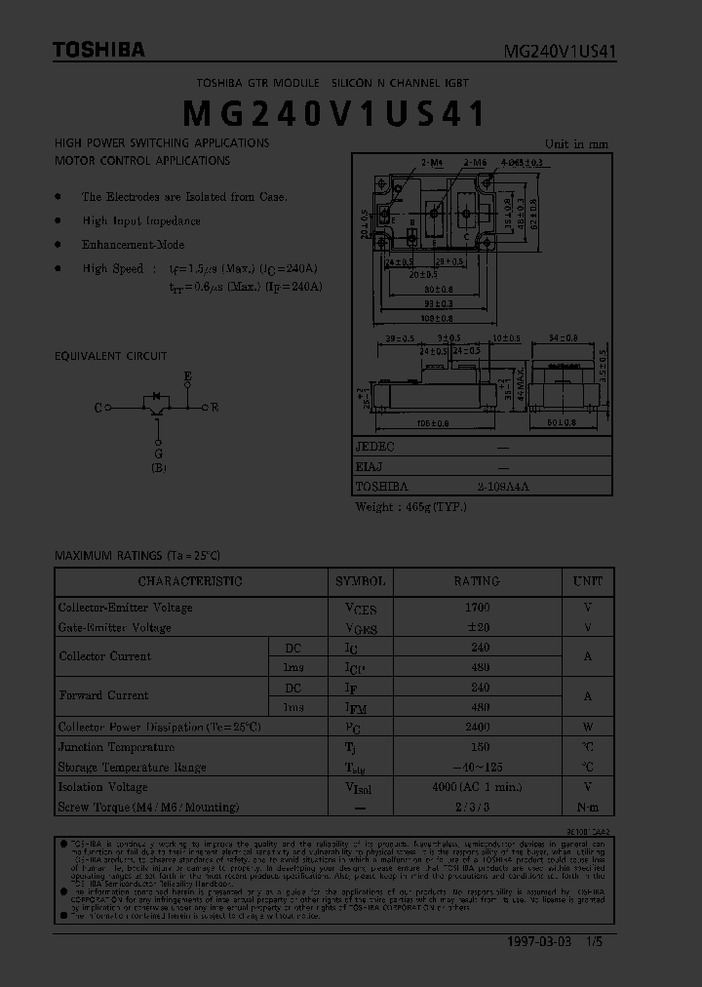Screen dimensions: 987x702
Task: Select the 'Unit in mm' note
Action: coord(576,143)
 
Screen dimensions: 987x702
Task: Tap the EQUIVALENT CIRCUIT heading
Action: coord(110,356)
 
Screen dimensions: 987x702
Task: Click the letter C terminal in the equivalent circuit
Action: coord(98,408)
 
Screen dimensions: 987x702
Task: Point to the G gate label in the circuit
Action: coord(158,453)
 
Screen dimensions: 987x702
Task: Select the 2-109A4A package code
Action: coord(503,486)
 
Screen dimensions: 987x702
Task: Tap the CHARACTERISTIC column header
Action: coord(190,581)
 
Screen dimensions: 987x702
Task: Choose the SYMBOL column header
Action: coord(361,581)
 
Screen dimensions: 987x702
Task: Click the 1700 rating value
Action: coord(478,607)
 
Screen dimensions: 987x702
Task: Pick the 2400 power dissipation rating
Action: coord(478,727)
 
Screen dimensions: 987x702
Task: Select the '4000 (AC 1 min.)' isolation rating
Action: coord(478,787)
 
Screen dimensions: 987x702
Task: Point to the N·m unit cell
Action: coord(587,808)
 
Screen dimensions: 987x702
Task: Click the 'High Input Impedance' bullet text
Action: coord(141,221)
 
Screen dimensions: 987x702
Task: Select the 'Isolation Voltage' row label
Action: coord(102,787)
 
